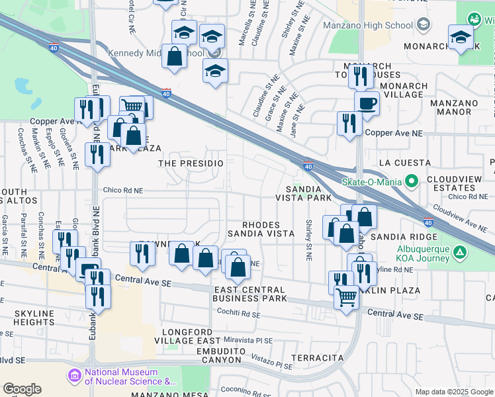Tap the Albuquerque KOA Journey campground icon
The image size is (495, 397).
click(461, 252)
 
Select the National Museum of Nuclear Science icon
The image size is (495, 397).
click(73, 376)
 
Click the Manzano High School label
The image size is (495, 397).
click(368, 25)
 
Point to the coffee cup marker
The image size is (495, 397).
click(367, 103)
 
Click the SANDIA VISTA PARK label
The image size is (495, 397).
click(303, 193)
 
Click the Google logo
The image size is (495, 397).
click(22, 389)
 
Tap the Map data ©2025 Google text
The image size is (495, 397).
click(454, 392)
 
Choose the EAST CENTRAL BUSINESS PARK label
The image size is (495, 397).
click(249, 294)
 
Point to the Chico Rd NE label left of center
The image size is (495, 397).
click(122, 191)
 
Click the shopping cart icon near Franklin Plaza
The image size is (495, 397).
click(346, 298)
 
